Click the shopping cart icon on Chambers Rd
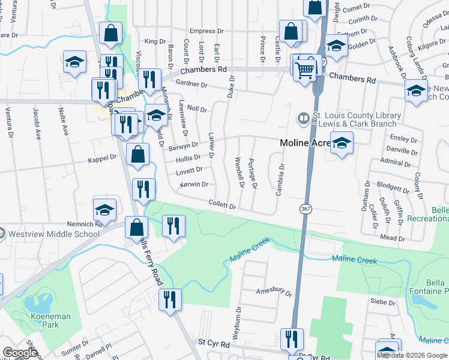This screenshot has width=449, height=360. tap(306, 70)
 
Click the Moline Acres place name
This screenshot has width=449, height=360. tap(304, 143)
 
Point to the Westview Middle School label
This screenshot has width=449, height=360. tap(54, 234)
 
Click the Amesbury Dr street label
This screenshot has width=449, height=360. tap(274, 293)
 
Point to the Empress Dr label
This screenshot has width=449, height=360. tap(206, 31)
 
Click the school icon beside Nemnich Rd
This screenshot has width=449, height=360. tap(104, 210)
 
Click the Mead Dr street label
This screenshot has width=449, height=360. tap(393, 238)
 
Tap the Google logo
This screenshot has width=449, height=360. tap(20, 353)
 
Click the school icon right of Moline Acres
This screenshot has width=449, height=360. tap(342, 143)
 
